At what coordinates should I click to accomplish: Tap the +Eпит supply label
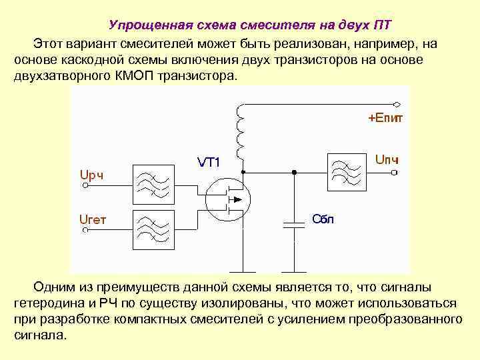[x=385, y=119]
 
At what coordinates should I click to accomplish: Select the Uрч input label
[x=91, y=175]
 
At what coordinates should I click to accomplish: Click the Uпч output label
[x=387, y=161]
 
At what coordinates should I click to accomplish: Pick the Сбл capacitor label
[x=323, y=219]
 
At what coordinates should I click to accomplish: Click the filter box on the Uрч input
[x=153, y=181]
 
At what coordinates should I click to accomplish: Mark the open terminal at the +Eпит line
[x=397, y=105]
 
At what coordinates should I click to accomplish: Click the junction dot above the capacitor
[x=293, y=172]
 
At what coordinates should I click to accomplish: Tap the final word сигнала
[x=39, y=335]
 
